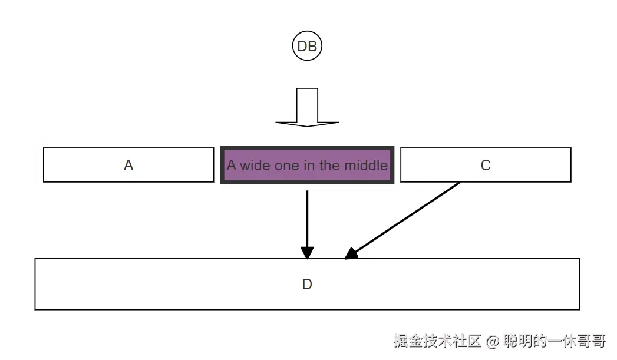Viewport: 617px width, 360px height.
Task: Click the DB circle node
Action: click(x=307, y=47)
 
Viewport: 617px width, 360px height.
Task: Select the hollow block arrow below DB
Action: click(x=307, y=108)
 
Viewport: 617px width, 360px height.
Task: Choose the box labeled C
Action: click(x=530, y=165)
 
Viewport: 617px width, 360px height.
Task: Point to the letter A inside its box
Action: click(x=128, y=166)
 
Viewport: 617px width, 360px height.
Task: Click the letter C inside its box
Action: click(x=486, y=166)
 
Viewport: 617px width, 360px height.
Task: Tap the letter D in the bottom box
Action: click(x=307, y=285)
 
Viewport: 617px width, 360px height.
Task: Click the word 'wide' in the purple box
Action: click(x=255, y=166)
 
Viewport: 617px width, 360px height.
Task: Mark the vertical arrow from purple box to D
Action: click(x=307, y=218)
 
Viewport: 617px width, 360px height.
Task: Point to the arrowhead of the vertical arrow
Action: click(x=307, y=253)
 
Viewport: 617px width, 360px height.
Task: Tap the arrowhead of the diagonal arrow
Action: click(x=351, y=254)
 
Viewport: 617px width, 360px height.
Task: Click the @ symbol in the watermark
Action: click(x=493, y=341)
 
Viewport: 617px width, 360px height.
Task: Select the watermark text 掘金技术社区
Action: click(x=438, y=341)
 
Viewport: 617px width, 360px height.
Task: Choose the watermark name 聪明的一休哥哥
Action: click(x=555, y=341)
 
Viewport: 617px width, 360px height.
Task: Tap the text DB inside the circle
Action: click(x=307, y=47)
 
